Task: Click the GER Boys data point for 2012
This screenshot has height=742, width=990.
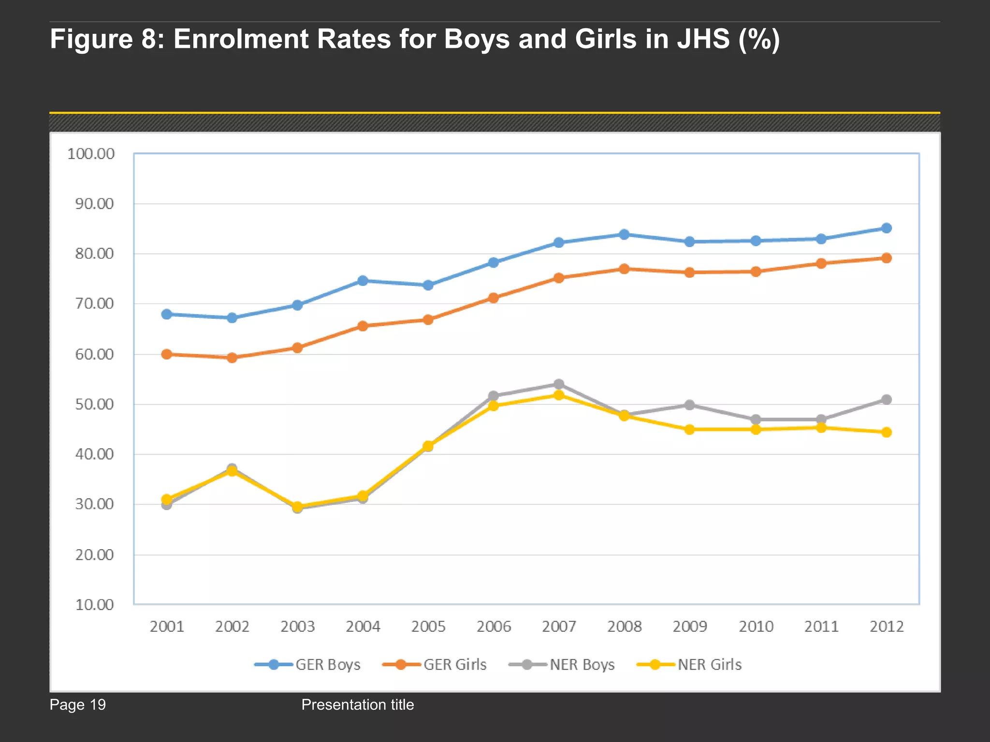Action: (x=886, y=228)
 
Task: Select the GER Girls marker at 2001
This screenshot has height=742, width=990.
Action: (x=166, y=354)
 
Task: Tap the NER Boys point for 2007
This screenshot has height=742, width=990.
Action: (x=559, y=384)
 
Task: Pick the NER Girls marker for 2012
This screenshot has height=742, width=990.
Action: (x=886, y=432)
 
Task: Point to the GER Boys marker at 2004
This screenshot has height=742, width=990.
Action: (x=363, y=281)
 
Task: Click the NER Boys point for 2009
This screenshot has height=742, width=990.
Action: (x=690, y=405)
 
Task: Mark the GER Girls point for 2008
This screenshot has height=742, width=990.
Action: (x=624, y=269)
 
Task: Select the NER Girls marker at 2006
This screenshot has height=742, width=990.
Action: (x=494, y=406)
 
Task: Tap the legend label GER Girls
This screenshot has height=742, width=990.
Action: (x=455, y=665)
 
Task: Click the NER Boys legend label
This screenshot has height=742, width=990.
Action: (x=582, y=665)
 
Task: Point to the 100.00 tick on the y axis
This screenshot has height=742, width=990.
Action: (x=91, y=154)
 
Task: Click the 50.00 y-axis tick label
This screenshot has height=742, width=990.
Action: (x=94, y=404)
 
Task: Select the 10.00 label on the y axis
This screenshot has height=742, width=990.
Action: (x=94, y=605)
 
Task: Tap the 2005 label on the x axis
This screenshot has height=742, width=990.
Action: (x=428, y=627)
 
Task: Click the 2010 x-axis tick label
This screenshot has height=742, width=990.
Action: (x=756, y=627)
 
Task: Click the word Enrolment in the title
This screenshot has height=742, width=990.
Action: (x=282, y=39)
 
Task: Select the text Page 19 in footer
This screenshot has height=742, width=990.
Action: (x=77, y=705)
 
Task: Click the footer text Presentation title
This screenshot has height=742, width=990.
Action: (x=357, y=705)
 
